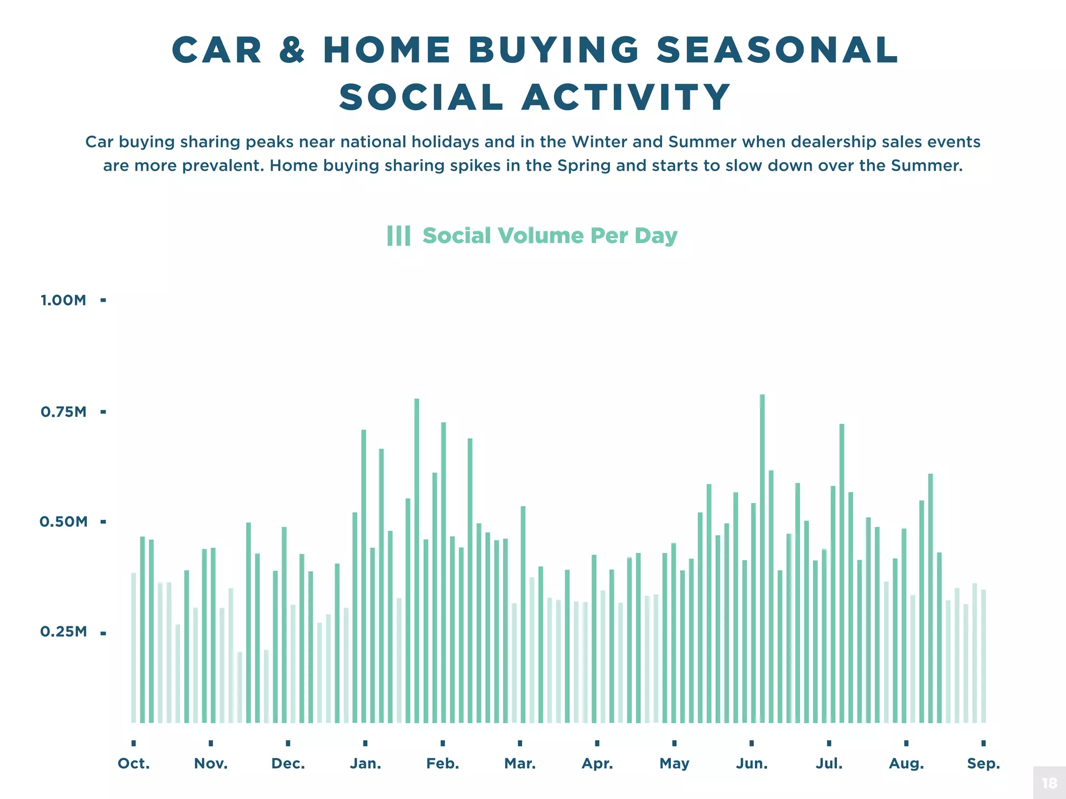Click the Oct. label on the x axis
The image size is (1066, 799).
click(134, 764)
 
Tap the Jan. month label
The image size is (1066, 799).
click(365, 764)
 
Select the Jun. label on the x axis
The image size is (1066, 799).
click(752, 764)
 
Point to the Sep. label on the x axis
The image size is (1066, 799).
click(983, 764)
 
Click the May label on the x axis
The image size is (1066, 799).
click(674, 764)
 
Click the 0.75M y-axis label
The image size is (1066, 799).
click(64, 412)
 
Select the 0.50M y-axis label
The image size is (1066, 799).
click(64, 522)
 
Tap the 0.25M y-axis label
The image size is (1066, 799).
click(64, 632)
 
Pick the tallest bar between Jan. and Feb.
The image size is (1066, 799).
click(416, 562)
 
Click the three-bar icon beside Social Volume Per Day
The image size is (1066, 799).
click(399, 236)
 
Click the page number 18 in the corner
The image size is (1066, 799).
click(1049, 783)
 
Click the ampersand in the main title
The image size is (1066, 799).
click(292, 50)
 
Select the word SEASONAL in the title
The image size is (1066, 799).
click(777, 50)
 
